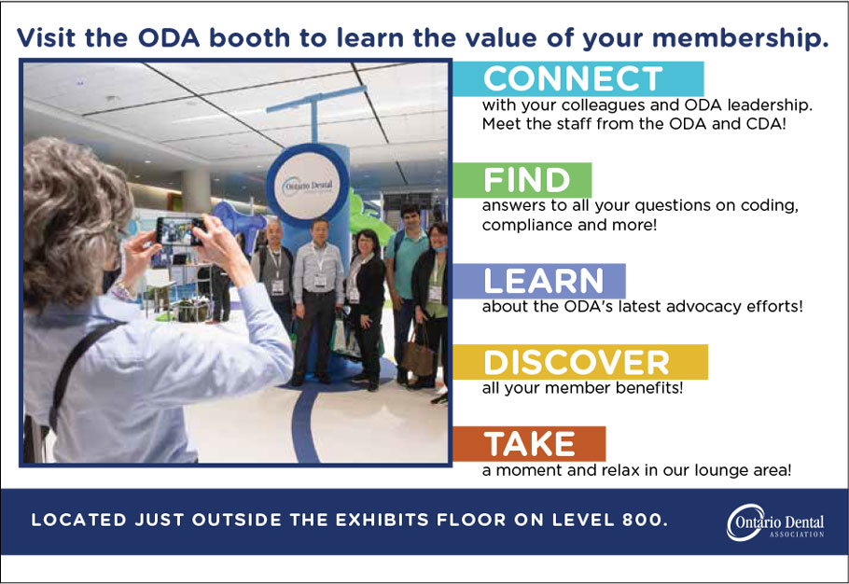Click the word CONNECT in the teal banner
(573, 79)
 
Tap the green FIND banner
(522, 180)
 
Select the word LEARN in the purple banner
(543, 281)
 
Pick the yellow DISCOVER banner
(580, 362)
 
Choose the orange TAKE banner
(529, 444)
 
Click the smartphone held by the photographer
(180, 231)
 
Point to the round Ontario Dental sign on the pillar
(308, 185)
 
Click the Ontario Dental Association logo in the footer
(774, 522)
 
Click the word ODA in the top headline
(168, 38)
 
